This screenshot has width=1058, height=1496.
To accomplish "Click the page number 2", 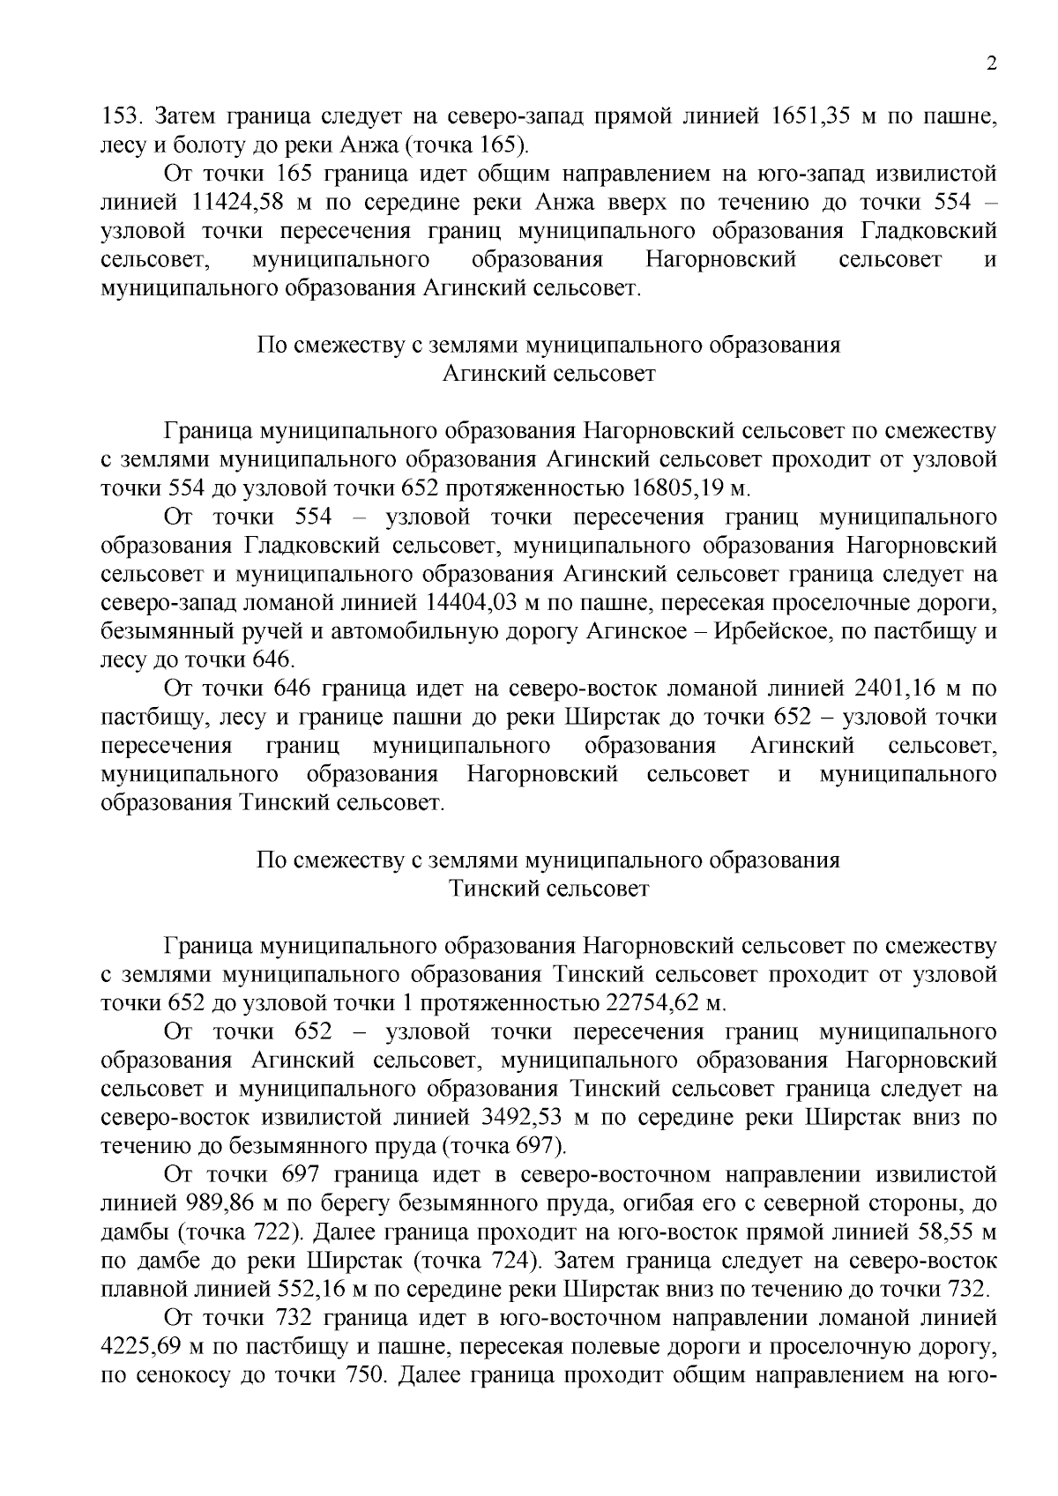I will click(992, 64).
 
